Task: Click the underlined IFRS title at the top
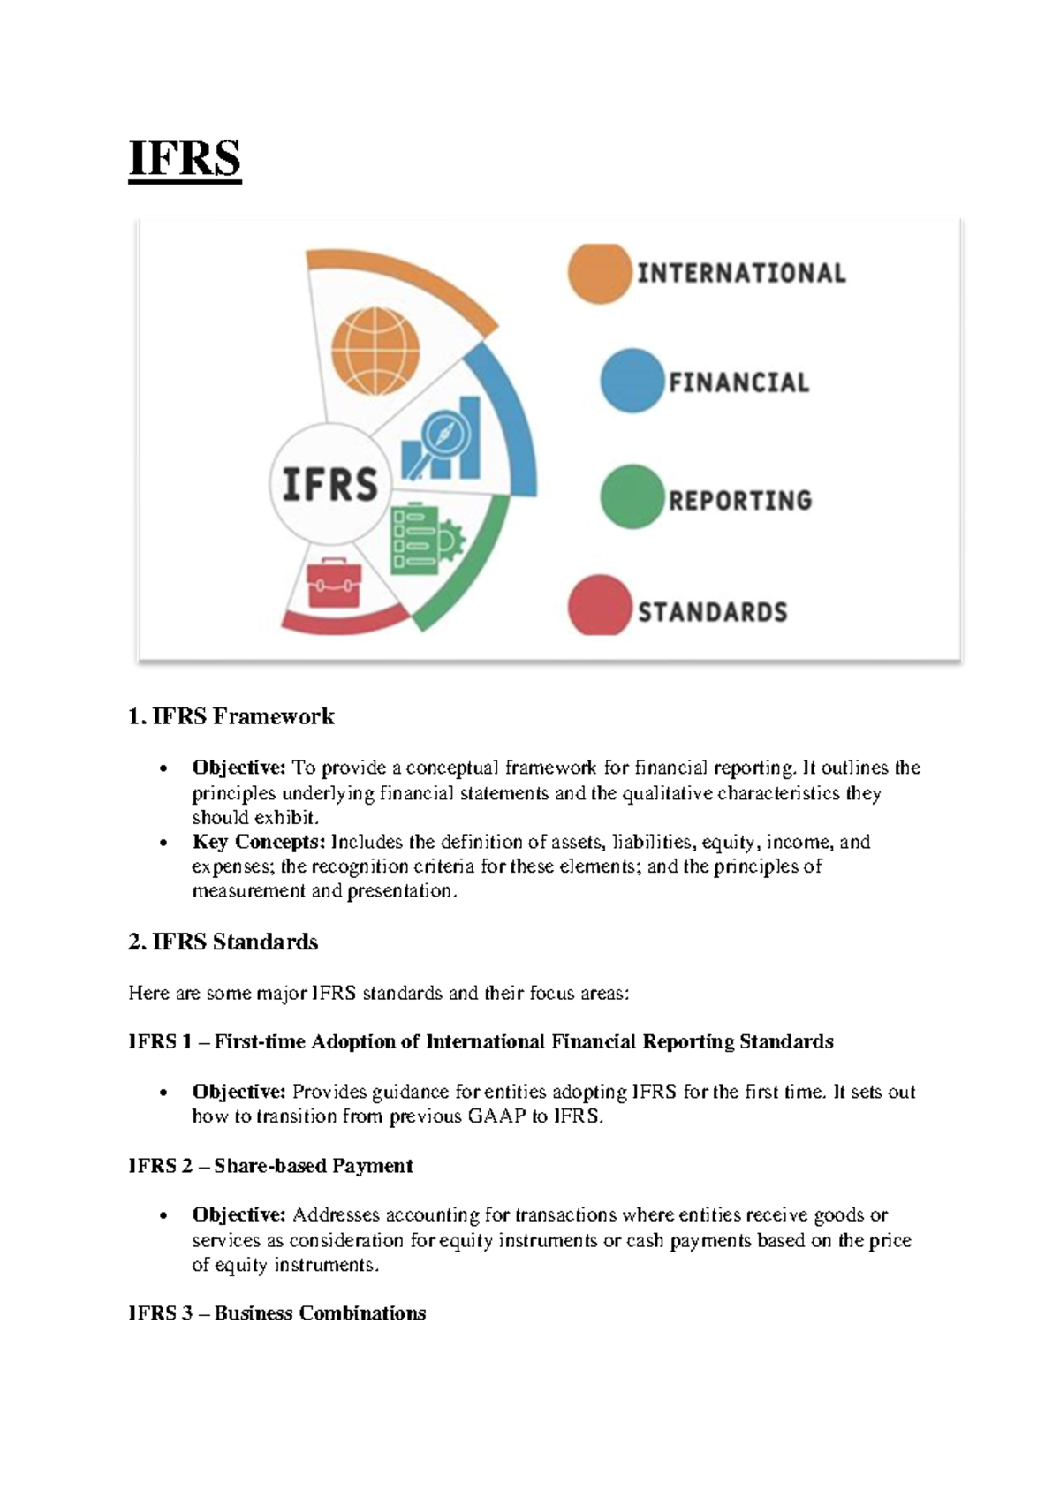[185, 160]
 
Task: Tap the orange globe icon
[375, 352]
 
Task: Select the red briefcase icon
[334, 583]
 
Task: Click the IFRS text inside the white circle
[329, 484]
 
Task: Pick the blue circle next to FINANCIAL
[632, 382]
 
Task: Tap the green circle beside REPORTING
[632, 497]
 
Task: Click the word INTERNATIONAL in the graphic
[741, 273]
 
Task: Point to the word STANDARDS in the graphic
[712, 612]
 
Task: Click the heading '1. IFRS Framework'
[231, 716]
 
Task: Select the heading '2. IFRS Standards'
[223, 942]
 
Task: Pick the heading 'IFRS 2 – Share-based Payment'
[270, 1166]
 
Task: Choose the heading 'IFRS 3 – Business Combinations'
[276, 1313]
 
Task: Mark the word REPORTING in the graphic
[739, 501]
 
